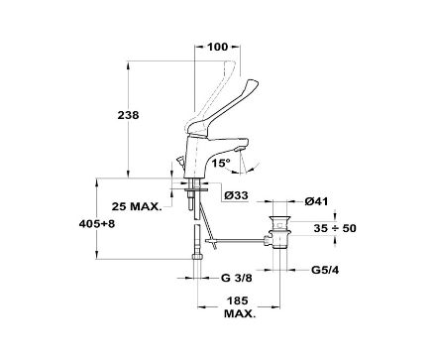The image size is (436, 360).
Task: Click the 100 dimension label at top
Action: pos(218,47)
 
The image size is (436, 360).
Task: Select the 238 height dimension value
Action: pos(129,115)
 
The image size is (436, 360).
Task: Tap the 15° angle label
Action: pos(221,163)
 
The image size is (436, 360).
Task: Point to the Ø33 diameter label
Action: pos(236,195)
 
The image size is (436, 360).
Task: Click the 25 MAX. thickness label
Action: pos(137,206)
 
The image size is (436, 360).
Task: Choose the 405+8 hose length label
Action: pos(97,224)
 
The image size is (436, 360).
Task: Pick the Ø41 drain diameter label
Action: pos(316,201)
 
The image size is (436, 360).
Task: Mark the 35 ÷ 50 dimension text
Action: pos(335,228)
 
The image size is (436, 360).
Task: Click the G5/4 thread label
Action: pos(325,270)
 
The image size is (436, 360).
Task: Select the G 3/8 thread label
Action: pos(236,278)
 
